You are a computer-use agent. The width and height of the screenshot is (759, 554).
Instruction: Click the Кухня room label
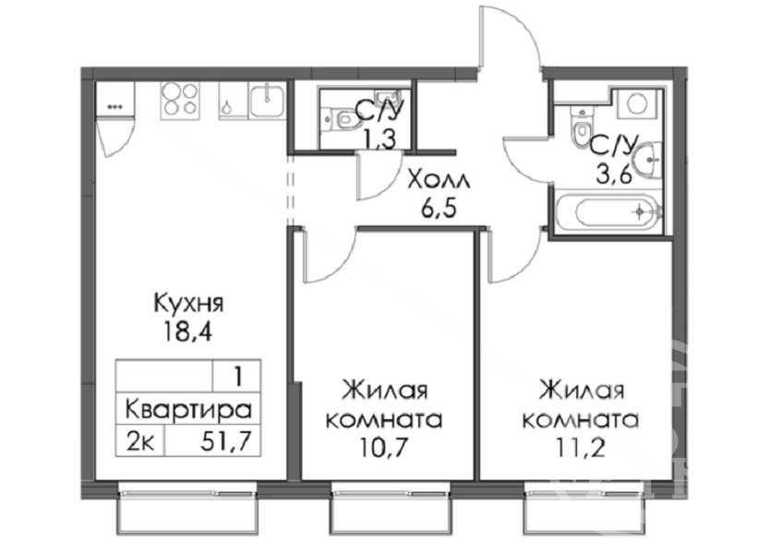[188, 304]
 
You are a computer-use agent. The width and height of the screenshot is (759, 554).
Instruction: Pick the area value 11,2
[581, 447]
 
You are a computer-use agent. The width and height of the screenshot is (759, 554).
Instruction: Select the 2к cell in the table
[140, 440]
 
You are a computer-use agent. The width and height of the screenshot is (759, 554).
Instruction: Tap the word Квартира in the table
[188, 410]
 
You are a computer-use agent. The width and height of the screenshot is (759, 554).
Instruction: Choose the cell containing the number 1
[237, 376]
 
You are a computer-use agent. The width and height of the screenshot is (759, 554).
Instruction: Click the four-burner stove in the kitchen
[180, 100]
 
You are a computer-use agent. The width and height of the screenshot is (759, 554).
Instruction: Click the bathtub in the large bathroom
[608, 212]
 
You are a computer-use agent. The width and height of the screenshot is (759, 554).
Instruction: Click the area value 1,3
[380, 139]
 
